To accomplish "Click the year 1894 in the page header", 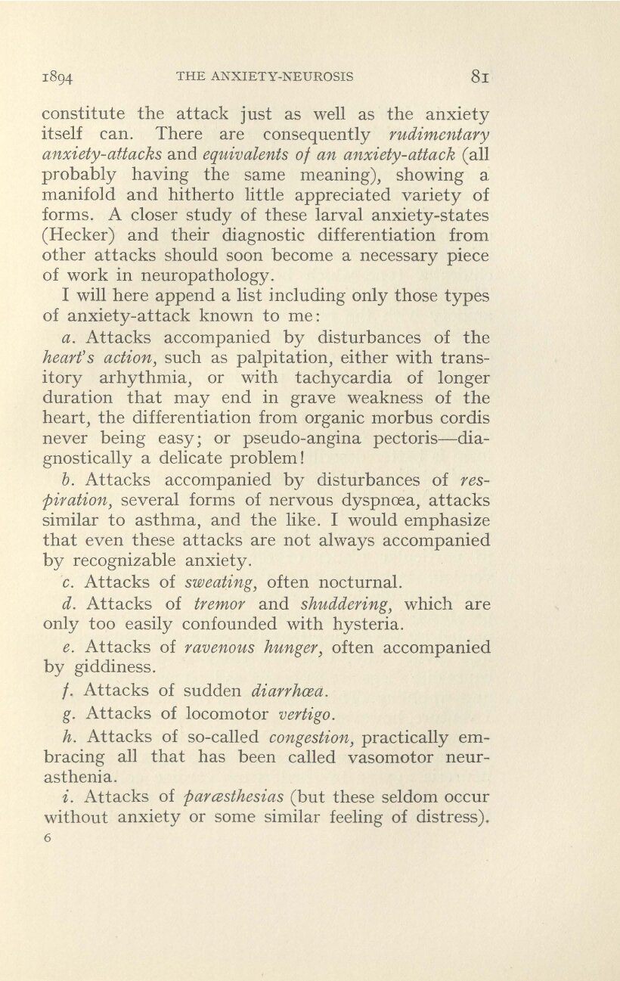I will (x=57, y=76).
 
